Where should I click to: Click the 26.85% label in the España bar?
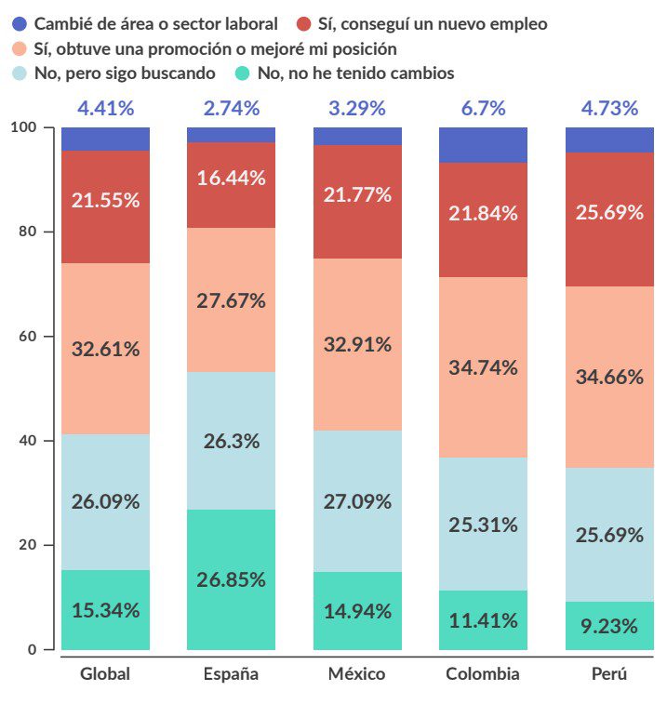click(231, 579)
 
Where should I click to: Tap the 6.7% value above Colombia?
click(483, 108)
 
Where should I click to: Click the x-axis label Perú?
click(609, 673)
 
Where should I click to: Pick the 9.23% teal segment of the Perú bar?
click(609, 626)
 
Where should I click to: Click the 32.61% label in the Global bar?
click(105, 349)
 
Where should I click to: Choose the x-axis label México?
click(356, 673)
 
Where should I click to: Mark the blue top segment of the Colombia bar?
click(483, 145)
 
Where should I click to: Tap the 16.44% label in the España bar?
click(231, 178)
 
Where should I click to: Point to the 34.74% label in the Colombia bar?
click(483, 367)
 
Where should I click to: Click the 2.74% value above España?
click(231, 108)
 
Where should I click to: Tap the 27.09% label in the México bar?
click(356, 501)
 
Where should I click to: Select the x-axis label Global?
click(105, 673)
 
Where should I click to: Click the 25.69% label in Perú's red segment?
click(609, 212)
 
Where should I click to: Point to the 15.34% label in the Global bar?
click(105, 610)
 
